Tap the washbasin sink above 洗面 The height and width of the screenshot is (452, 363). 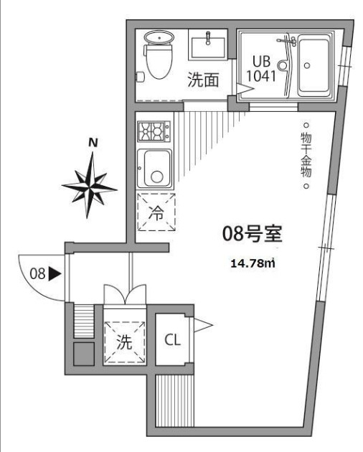(209, 45)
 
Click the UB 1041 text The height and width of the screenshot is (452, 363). (260, 67)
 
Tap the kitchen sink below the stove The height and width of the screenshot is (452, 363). (154, 169)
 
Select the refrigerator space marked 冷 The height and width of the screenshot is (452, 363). (156, 212)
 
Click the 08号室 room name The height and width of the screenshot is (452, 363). (251, 234)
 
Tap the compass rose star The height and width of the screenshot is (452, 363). (90, 185)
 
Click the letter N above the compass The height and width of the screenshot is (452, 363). (92, 143)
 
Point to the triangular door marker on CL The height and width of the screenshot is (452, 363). (202, 326)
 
